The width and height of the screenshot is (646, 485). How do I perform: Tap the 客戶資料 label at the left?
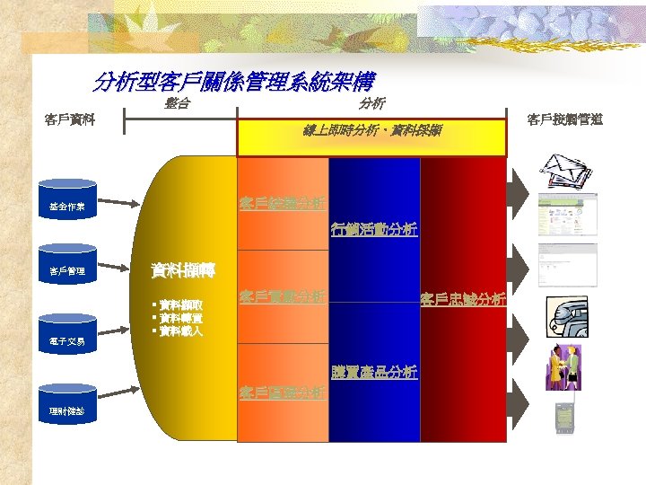(x=71, y=119)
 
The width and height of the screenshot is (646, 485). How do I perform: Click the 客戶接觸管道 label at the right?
(x=564, y=119)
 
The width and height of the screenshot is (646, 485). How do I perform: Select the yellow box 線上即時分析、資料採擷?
(x=371, y=139)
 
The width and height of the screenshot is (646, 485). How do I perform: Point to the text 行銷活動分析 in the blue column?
(x=373, y=229)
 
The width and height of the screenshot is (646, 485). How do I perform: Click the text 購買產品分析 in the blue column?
(x=373, y=373)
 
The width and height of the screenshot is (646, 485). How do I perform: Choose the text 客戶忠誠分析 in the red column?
(x=463, y=299)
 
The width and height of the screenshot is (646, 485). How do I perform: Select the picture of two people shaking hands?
(x=565, y=366)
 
